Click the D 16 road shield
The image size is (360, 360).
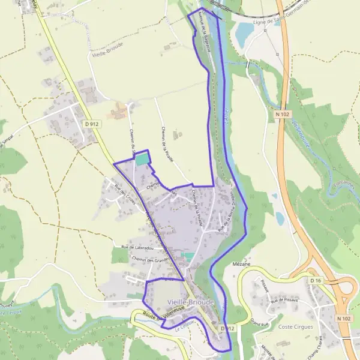click(x=316, y=280)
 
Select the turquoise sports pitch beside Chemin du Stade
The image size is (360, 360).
click(x=142, y=160)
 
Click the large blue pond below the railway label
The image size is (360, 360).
click(x=245, y=34)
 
